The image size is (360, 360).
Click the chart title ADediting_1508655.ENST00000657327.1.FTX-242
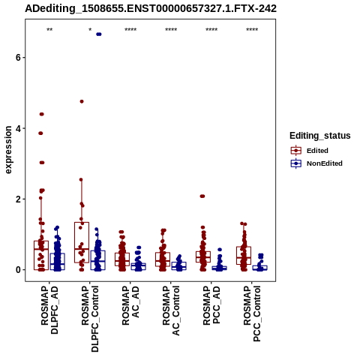[x=151, y=8]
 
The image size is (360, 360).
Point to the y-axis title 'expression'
[x=8, y=150]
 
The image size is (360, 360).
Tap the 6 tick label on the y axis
[x=17, y=58]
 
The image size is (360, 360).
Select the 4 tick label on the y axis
[x=17, y=128]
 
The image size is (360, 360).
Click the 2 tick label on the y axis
[x=17, y=199]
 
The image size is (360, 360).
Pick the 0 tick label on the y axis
[x=17, y=270]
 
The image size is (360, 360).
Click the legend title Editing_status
[x=320, y=136]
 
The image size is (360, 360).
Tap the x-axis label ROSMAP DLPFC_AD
[x=49, y=310]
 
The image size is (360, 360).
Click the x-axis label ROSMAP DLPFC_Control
[x=90, y=319]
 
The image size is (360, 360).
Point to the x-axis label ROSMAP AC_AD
[x=130, y=305]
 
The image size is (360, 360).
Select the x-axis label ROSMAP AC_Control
[x=171, y=310]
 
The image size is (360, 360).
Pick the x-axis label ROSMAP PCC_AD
[x=211, y=305]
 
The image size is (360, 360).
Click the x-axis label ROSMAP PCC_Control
[x=252, y=313]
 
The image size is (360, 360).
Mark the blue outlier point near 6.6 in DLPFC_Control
[x=99, y=34]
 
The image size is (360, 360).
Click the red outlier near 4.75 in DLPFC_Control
[x=82, y=101]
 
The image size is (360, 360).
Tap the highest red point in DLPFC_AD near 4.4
[x=41, y=114]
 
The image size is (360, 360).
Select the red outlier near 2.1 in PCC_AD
[x=202, y=196]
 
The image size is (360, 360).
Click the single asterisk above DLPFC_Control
[x=90, y=29]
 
